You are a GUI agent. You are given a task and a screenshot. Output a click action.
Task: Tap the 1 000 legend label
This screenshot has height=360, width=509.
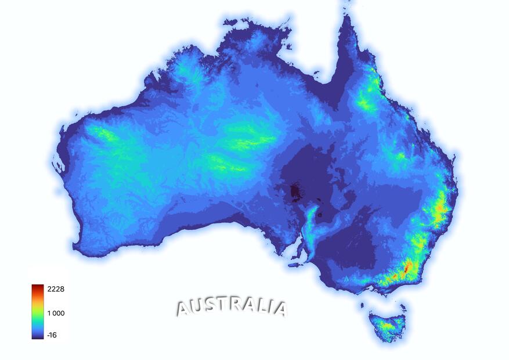coord(56,314)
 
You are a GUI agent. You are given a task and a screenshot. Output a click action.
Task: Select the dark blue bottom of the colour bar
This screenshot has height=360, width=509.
coord(38,336)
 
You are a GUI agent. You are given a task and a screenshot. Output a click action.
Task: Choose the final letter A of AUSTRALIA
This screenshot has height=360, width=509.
coord(280,309)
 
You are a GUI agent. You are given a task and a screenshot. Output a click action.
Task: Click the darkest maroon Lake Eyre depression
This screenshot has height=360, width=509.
coord(295,191)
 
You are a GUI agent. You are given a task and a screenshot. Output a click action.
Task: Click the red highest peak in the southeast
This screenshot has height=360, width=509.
coord(409,267)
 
